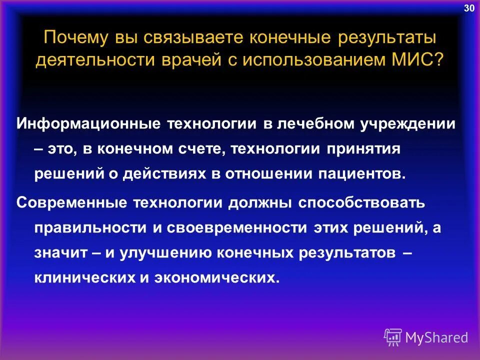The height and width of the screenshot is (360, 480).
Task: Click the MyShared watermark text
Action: pyautogui.click(x=436, y=337)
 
